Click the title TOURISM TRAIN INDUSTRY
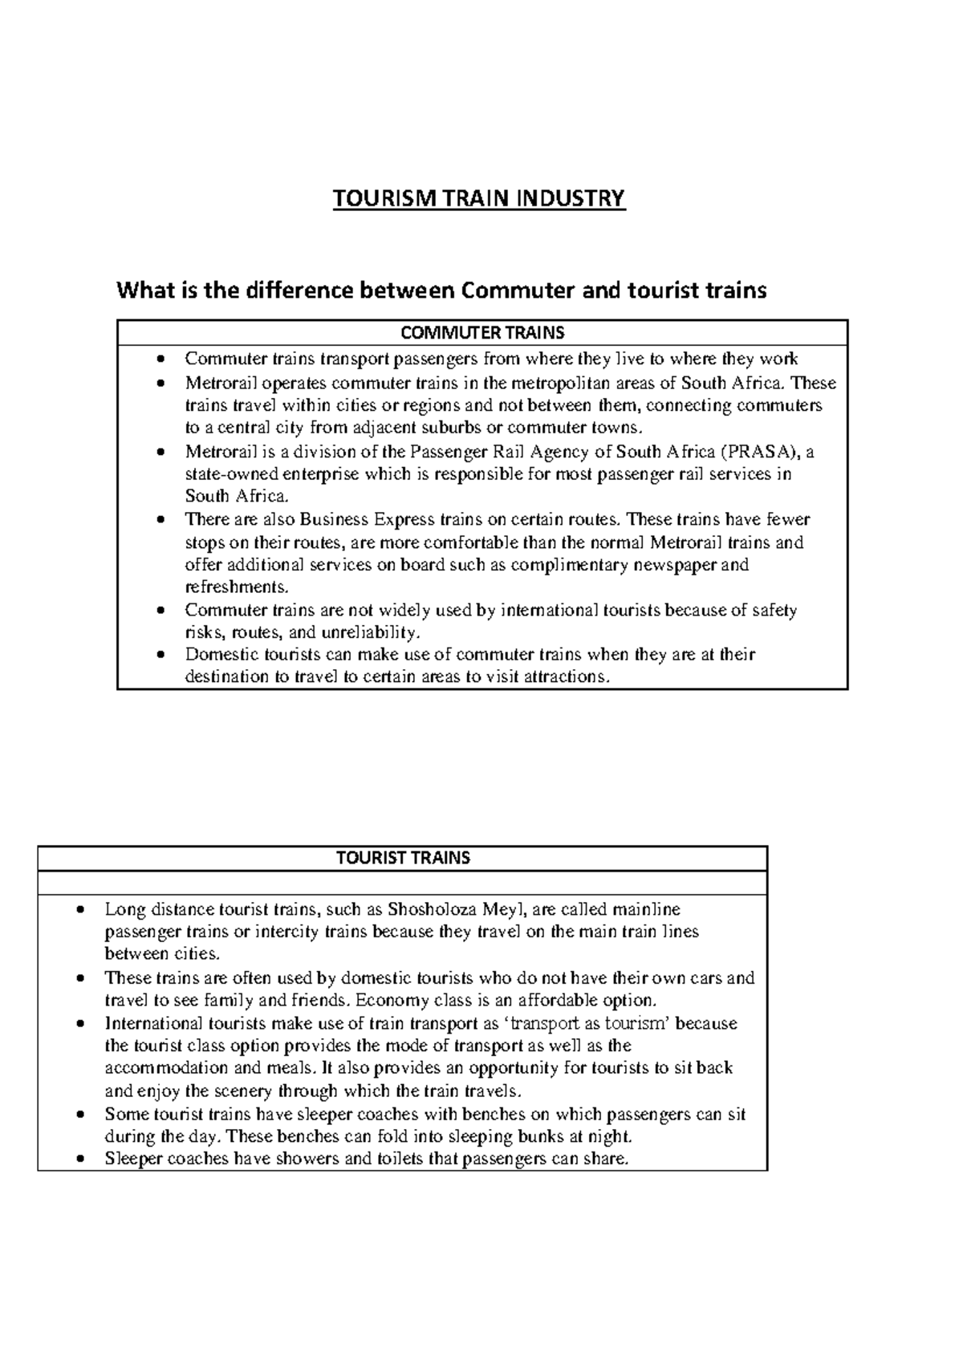tap(479, 198)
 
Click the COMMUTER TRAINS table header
tap(482, 332)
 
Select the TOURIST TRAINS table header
tap(403, 858)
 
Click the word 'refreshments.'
tap(235, 586)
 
